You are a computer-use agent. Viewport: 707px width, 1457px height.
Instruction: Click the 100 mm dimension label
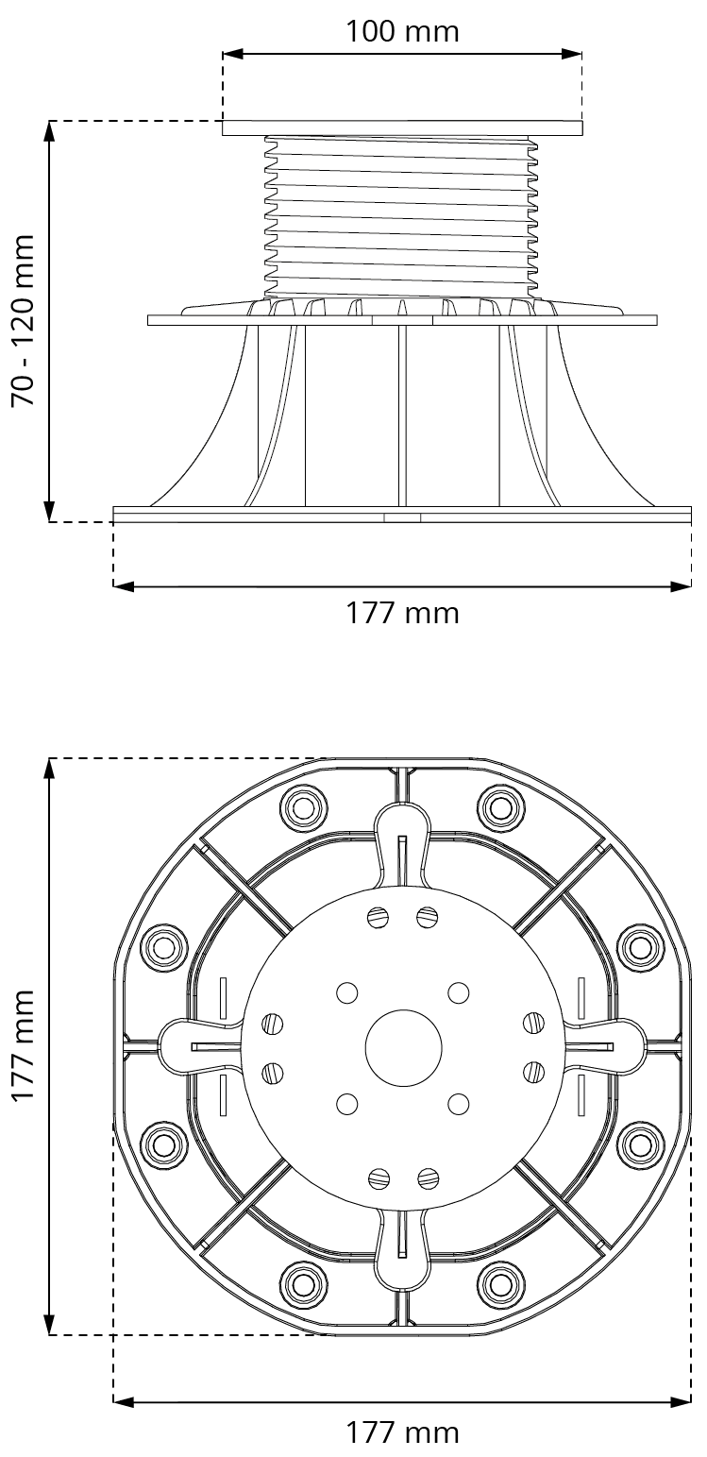pyautogui.click(x=402, y=31)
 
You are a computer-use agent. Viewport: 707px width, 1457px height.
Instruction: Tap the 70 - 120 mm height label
pyautogui.click(x=24, y=321)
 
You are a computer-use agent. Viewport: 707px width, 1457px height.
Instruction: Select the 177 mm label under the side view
pyautogui.click(x=402, y=614)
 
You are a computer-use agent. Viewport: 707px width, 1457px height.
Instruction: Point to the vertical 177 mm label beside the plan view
pyautogui.click(x=24, y=1046)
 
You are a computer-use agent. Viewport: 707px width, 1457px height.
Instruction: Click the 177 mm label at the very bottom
pyautogui.click(x=402, y=1432)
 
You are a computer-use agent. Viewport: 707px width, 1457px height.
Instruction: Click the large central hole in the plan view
pyautogui.click(x=403, y=1048)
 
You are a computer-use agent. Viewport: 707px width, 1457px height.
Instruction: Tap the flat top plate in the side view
pyautogui.click(x=403, y=128)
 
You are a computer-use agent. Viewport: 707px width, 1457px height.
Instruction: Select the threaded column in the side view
pyautogui.click(x=402, y=217)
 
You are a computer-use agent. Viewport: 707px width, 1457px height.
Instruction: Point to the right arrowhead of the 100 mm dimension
pyautogui.click(x=571, y=54)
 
